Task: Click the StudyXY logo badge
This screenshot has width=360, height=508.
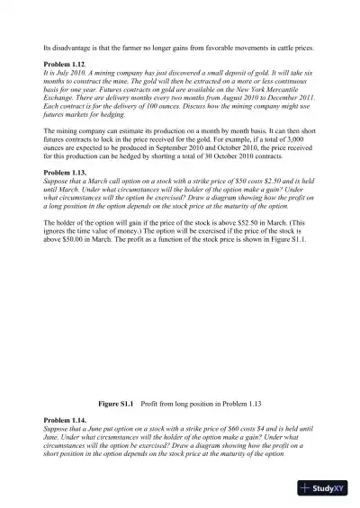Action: point(324,488)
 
